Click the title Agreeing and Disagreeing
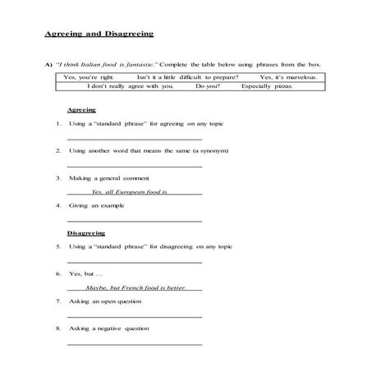point(99,34)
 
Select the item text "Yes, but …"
point(84,273)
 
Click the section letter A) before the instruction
point(48,63)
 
